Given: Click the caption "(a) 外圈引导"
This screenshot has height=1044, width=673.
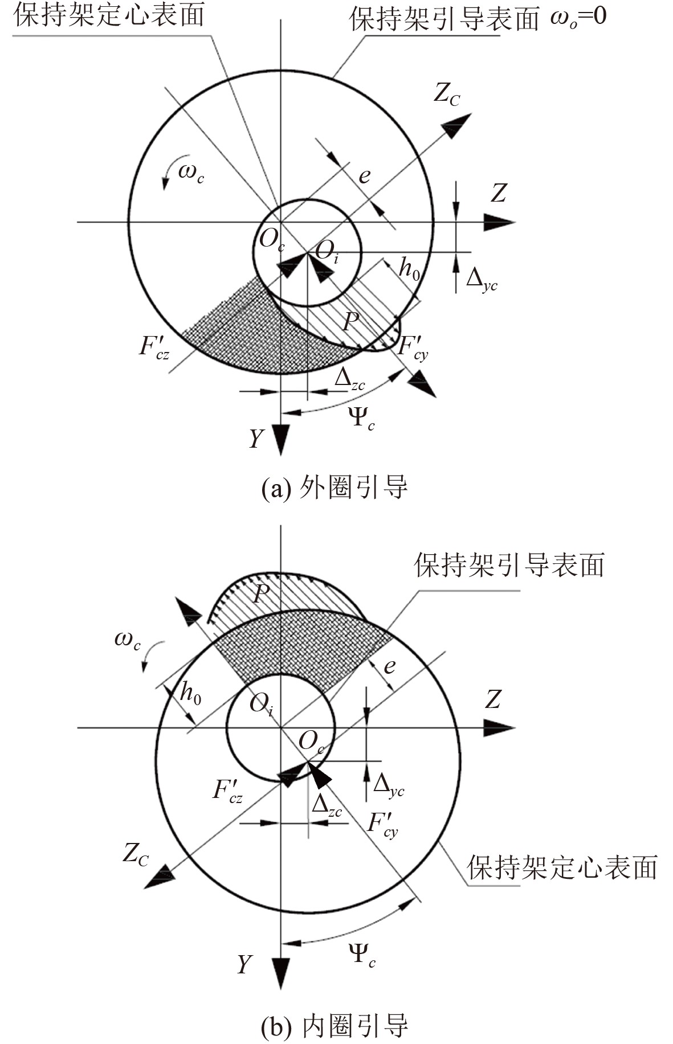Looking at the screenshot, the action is coord(335,488).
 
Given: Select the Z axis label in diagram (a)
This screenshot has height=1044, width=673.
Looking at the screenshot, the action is coord(499,193).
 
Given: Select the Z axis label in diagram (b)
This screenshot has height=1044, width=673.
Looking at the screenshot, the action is coord(493,699).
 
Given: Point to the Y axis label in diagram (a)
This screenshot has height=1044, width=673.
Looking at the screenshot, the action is coord(257,439).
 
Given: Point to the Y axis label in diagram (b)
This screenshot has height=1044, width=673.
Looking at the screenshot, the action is coord(244,964).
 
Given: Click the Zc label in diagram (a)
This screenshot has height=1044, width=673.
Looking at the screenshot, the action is coord(446,94).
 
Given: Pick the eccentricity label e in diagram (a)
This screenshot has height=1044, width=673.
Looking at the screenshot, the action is coord(364,175).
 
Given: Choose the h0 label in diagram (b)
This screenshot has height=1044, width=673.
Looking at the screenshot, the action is coord(190,693).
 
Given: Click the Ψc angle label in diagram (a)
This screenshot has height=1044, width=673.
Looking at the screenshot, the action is coord(361,418).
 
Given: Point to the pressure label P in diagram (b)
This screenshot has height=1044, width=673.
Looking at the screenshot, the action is coord(260,594).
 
